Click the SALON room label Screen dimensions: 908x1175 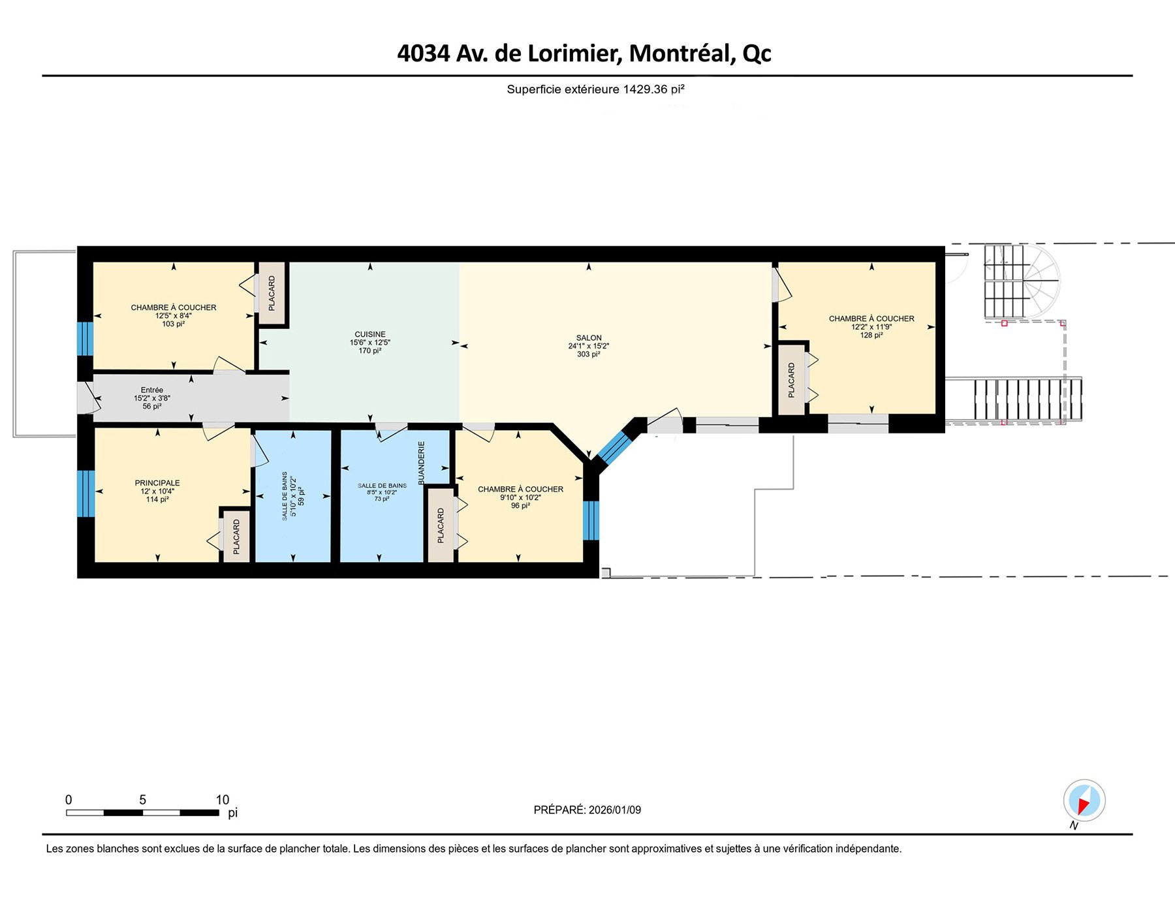(588, 338)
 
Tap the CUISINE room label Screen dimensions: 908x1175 (369, 334)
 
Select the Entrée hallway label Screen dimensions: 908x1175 (151, 390)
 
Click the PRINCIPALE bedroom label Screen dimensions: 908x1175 (157, 483)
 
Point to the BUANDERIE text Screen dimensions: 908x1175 (422, 463)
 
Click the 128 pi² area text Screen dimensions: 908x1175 (871, 336)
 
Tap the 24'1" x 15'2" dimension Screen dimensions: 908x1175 (588, 347)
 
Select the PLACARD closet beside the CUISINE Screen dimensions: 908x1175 (272, 293)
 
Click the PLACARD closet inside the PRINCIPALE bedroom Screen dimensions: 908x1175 (236, 537)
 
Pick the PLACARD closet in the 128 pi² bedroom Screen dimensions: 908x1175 (791, 380)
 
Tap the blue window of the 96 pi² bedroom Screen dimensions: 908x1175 (590, 520)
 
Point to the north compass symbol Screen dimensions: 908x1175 (1084, 800)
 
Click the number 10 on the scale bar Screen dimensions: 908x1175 (222, 800)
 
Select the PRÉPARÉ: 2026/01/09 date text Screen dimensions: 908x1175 (587, 810)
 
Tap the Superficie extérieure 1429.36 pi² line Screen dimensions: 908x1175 (595, 89)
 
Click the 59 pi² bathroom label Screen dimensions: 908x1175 (301, 496)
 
